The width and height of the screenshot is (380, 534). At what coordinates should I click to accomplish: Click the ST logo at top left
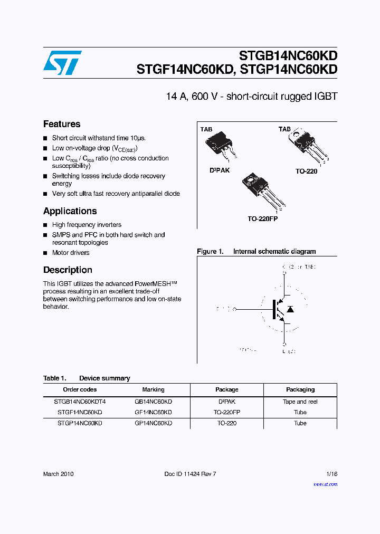62,63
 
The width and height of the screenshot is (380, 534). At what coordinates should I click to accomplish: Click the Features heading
62,125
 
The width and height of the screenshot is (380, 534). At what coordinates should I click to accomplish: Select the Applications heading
70,211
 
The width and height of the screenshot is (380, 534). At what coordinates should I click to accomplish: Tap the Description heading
68,270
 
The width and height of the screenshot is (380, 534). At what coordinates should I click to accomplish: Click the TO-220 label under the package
306,171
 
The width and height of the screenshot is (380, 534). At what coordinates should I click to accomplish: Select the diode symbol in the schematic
290,308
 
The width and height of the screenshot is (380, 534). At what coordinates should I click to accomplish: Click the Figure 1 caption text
256,252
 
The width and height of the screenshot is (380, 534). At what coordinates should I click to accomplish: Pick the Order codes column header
80,389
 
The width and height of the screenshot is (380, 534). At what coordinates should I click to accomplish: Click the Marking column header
153,389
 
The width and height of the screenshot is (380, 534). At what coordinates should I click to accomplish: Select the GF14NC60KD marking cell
153,412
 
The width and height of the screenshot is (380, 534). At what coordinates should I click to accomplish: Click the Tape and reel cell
300,402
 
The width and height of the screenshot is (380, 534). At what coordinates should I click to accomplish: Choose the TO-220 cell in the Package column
226,423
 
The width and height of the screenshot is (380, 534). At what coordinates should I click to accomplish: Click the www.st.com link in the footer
325,484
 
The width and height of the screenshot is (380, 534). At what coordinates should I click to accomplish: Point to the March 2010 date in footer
58,474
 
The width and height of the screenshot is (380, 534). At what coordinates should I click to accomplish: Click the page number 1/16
331,474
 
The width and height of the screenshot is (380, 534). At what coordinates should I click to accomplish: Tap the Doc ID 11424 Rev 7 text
190,474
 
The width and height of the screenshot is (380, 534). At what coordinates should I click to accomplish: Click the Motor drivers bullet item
71,253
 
